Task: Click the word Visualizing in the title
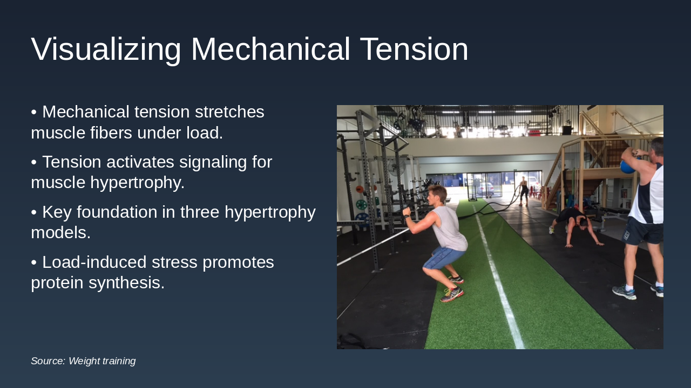point(106,50)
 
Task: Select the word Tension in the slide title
point(414,50)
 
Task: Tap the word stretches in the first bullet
point(229,112)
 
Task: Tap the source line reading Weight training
point(83,361)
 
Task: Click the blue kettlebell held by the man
point(627,165)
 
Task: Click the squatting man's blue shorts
point(443,258)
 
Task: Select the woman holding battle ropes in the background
point(523,190)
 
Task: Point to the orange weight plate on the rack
point(360,190)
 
